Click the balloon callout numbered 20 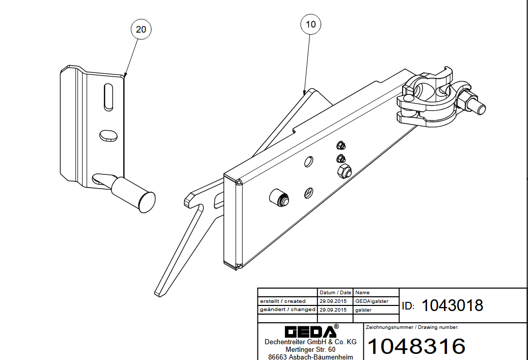click(141, 29)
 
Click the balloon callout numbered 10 click(310, 24)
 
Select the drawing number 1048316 click(416, 346)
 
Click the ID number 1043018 click(452, 305)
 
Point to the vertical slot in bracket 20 click(109, 97)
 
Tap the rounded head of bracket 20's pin click(147, 202)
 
